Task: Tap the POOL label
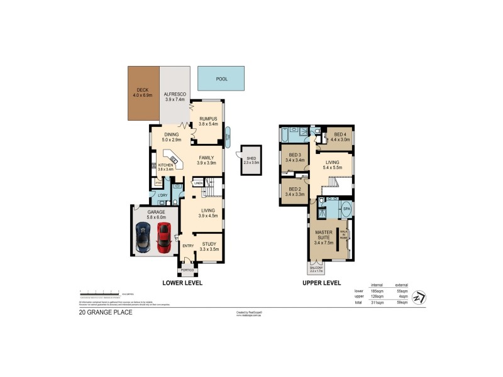221,79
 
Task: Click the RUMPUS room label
207,121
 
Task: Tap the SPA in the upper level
346,208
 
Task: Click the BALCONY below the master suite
316,270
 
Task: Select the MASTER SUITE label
324,237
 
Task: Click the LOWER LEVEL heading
182,283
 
